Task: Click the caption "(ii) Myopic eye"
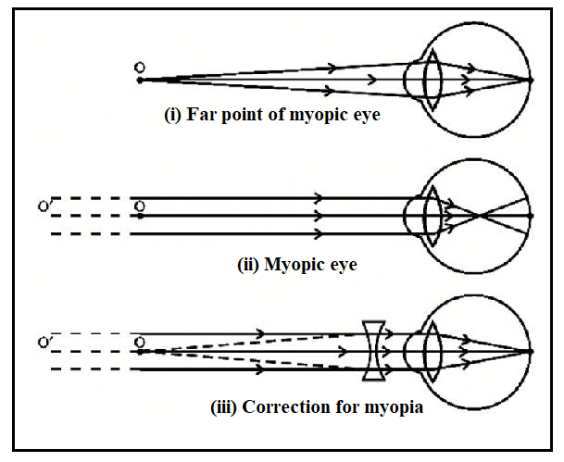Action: point(296,264)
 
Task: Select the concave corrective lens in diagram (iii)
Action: point(374,352)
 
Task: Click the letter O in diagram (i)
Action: point(140,67)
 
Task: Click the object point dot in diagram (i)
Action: point(140,81)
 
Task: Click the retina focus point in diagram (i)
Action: point(531,81)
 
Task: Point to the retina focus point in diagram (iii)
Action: point(531,352)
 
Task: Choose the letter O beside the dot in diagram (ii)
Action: point(140,205)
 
